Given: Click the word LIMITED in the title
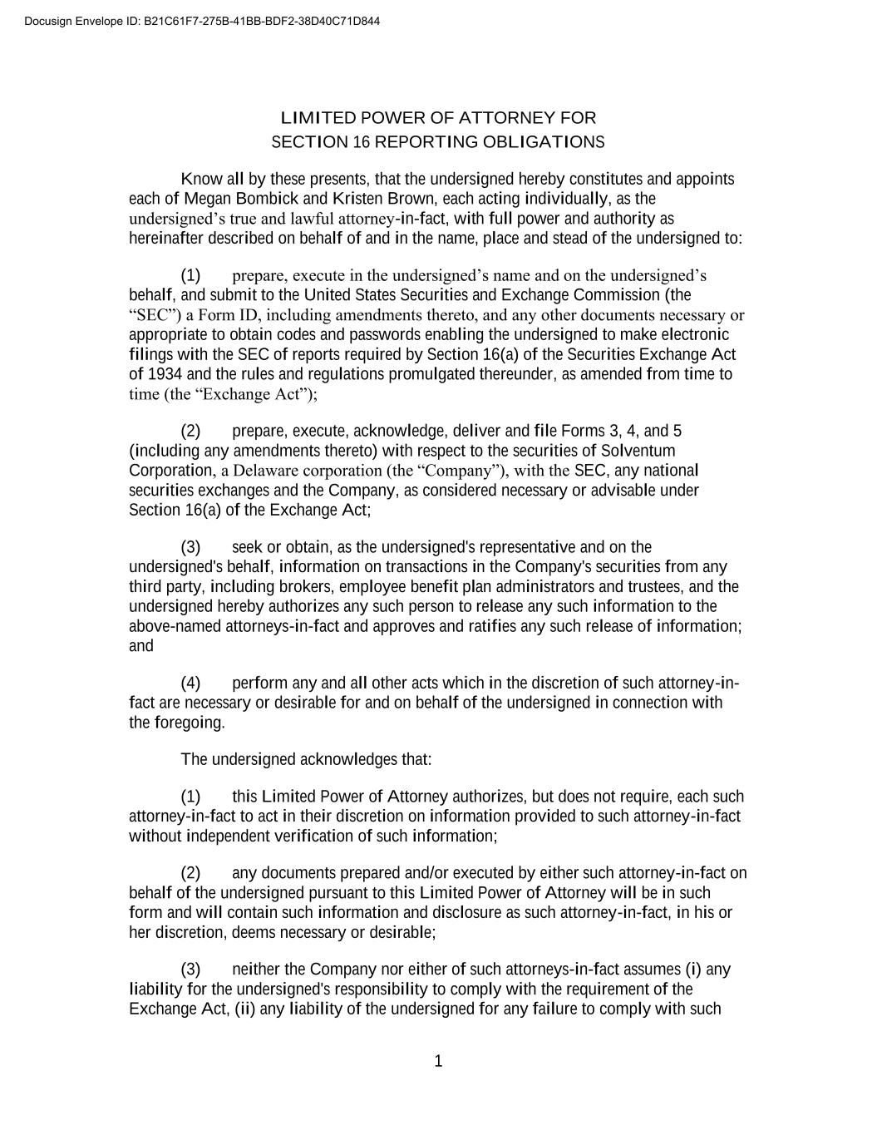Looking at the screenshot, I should pos(318,118).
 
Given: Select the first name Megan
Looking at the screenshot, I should pos(208,199).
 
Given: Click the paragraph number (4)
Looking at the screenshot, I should pos(190,683).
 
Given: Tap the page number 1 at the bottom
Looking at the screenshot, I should pos(439,1061).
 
